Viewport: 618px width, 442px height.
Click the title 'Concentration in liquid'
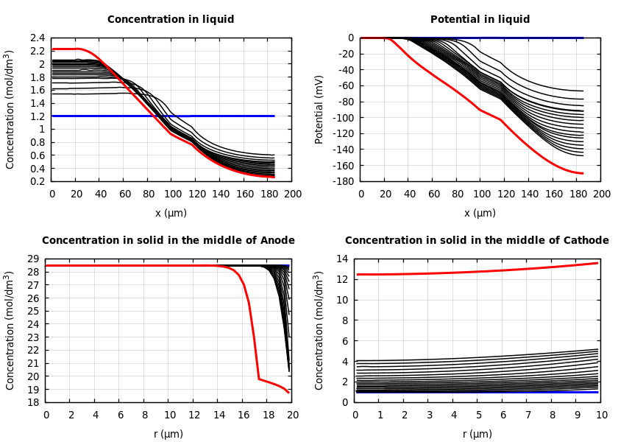coord(171,20)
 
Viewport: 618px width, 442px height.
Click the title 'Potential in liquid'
coord(480,20)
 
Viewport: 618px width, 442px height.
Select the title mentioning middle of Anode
coord(168,241)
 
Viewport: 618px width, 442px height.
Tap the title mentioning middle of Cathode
coord(477,241)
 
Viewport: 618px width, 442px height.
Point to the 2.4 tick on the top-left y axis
coord(38,38)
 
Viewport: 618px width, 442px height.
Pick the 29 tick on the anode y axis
coord(32,259)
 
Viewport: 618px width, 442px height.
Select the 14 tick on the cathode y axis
coord(341,259)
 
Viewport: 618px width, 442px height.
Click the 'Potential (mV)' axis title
coord(319,109)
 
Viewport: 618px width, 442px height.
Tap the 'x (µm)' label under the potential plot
coord(480,214)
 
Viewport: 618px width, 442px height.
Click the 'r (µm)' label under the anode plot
coord(168,435)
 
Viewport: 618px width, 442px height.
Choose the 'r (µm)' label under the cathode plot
coord(477,435)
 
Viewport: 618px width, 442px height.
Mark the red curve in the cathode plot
coord(478,271)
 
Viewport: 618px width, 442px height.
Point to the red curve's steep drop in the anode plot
coord(254,339)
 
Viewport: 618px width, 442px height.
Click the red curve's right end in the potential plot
coord(582,173)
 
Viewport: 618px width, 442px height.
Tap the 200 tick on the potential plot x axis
coord(601,194)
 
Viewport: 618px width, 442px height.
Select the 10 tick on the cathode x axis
coord(601,415)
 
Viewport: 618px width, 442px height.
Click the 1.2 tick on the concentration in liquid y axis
coord(38,116)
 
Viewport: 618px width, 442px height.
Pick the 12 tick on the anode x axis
coord(193,415)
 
